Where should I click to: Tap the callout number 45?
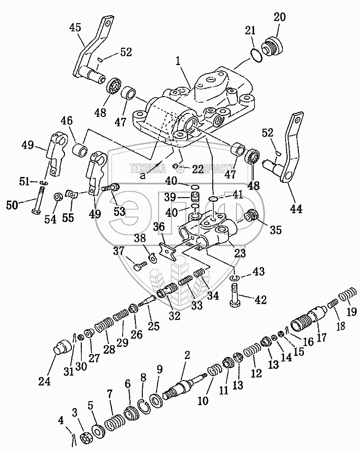[75, 28]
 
